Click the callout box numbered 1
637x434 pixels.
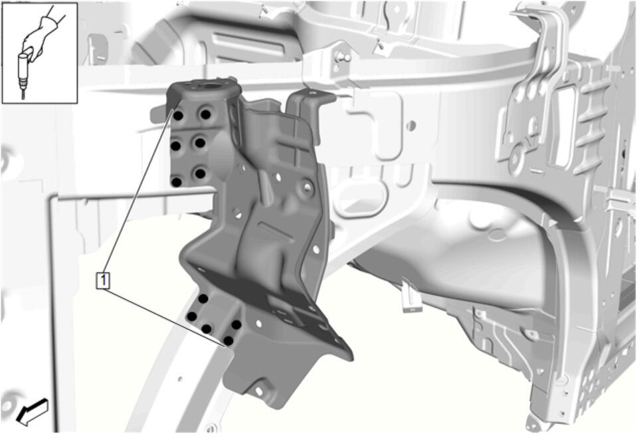[103, 280]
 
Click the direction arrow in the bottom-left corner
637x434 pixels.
[33, 412]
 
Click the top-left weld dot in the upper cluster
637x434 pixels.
[178, 116]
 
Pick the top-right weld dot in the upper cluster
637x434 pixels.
[205, 114]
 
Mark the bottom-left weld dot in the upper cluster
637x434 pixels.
[176, 181]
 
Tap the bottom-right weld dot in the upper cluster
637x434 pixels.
[200, 173]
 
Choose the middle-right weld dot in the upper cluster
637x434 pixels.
[200, 143]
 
